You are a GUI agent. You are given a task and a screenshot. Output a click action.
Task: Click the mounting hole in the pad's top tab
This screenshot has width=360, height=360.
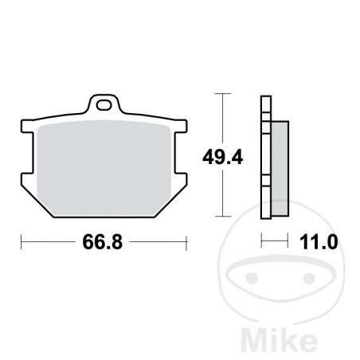pos(103,104)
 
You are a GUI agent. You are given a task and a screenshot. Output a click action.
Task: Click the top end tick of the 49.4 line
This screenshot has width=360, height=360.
pos(225,95)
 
